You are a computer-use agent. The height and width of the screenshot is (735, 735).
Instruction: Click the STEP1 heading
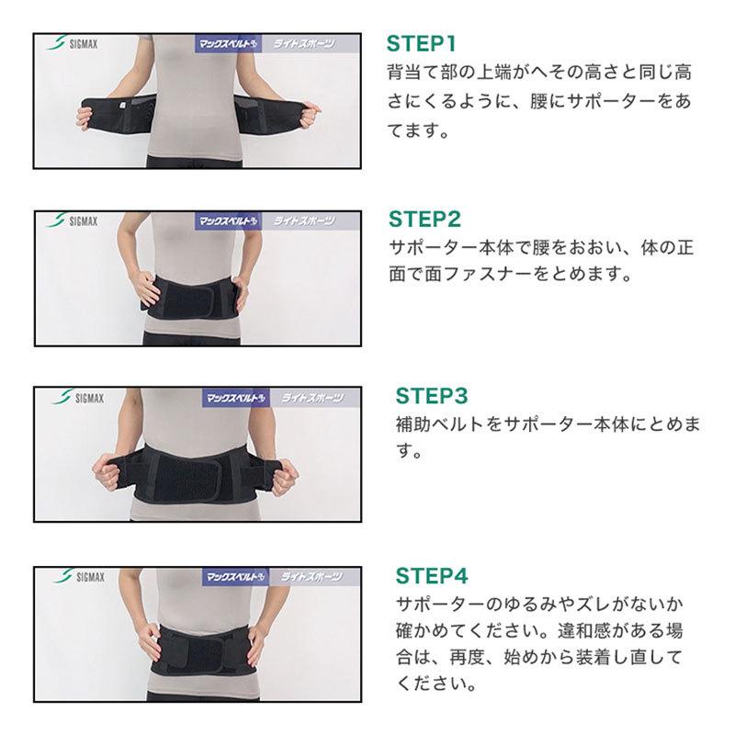421,43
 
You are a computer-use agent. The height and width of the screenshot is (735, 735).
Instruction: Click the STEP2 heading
424,220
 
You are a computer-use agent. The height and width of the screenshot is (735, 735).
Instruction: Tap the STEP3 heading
432,396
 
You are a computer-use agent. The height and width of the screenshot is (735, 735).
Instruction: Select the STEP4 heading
432,576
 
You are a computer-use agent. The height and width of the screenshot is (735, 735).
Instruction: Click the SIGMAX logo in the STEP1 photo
73,43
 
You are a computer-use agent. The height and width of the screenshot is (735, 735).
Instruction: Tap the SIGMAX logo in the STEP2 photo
73,220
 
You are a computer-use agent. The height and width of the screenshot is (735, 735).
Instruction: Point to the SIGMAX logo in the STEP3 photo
78,398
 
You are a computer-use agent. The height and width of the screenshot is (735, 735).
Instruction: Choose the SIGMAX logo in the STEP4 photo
79,576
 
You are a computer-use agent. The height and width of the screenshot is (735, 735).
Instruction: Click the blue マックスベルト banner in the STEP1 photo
228,44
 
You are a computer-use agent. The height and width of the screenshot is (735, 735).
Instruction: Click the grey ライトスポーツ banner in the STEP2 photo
311,220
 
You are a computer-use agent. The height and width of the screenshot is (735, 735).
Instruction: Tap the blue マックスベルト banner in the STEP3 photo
236,399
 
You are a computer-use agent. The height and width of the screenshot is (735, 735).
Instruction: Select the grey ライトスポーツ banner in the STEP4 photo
314,577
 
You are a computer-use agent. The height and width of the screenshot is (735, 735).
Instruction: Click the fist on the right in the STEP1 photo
309,116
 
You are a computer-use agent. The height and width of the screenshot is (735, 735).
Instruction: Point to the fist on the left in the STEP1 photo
85,118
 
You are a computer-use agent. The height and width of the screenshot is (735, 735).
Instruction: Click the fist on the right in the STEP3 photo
284,477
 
